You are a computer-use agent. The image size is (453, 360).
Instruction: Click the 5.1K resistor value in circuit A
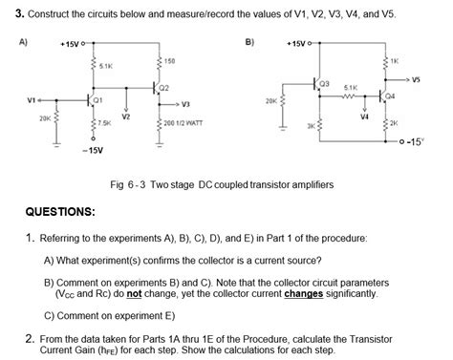coord(105,66)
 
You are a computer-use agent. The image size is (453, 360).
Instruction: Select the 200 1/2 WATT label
coord(183,124)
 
